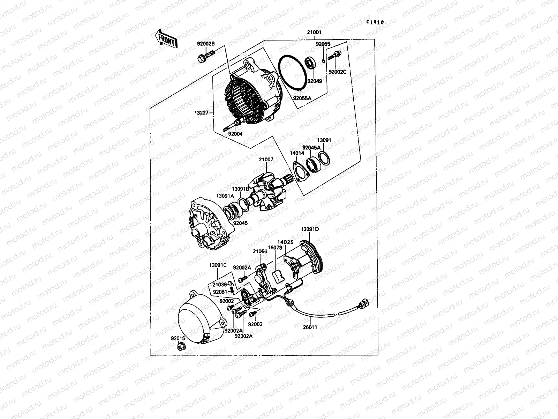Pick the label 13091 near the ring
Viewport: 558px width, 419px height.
pos(324,140)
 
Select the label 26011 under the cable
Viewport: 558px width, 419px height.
pos(310,327)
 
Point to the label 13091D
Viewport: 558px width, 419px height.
pos(310,229)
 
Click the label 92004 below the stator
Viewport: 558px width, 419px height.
pos(235,133)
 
